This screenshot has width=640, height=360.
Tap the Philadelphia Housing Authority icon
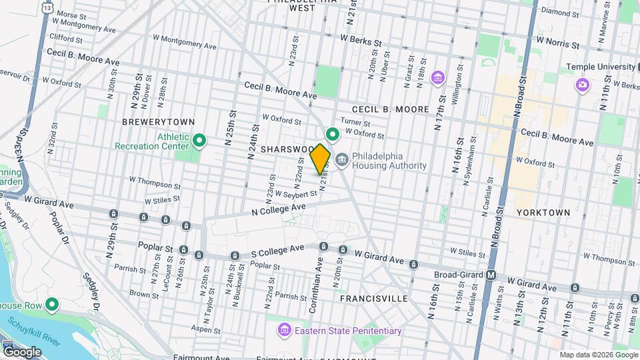click(342, 160)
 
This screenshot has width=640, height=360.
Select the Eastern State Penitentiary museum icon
click(285, 331)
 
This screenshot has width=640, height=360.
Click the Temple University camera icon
click(582, 85)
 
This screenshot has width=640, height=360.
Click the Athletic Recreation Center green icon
click(199, 141)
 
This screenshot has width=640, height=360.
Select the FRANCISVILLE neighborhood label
click(373, 299)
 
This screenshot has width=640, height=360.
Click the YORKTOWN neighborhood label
click(543, 212)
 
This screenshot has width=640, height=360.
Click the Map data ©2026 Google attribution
click(598, 355)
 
